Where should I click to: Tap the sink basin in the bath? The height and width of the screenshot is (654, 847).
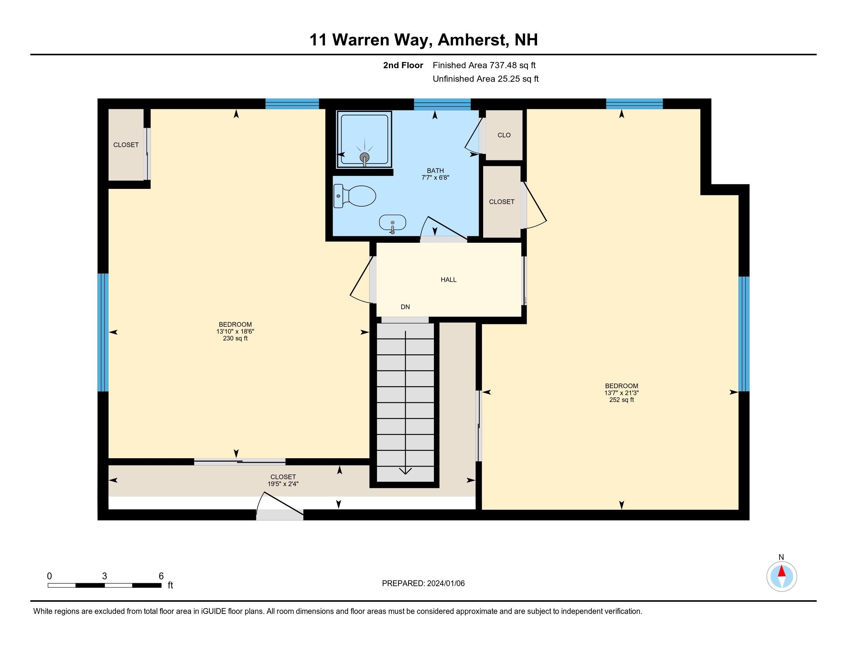click(392, 223)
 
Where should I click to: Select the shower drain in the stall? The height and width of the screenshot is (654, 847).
click(364, 157)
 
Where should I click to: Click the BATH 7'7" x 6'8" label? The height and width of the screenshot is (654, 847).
click(435, 174)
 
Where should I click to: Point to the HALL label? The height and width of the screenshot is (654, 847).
click(448, 280)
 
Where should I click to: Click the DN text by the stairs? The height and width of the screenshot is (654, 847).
click(405, 307)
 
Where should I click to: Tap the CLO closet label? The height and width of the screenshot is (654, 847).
click(504, 135)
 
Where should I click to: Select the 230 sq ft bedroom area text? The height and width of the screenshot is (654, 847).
click(235, 338)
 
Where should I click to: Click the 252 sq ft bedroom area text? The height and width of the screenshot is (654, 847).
click(621, 400)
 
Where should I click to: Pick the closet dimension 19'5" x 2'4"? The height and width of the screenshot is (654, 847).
click(283, 484)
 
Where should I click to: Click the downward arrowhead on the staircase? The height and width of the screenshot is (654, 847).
click(405, 471)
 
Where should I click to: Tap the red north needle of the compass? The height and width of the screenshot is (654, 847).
click(782, 571)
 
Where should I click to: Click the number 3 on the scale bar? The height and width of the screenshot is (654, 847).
click(104, 576)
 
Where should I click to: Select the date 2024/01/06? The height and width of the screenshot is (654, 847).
click(445, 584)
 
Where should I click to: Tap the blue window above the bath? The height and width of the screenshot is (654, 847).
click(442, 104)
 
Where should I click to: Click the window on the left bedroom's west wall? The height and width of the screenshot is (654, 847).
click(103, 332)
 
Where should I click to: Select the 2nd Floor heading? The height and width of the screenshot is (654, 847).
click(403, 65)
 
